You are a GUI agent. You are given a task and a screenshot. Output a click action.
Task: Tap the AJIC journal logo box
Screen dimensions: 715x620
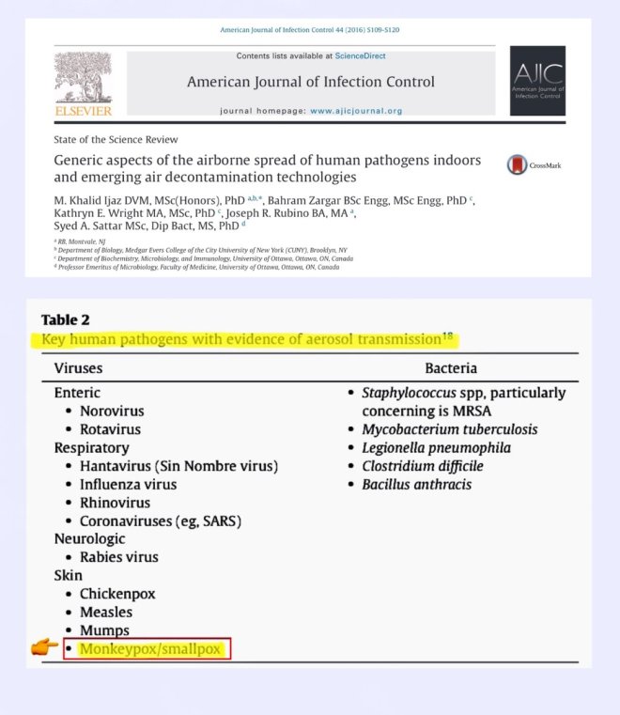coord(537,81)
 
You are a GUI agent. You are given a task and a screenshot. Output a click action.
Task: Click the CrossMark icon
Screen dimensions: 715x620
coord(517,165)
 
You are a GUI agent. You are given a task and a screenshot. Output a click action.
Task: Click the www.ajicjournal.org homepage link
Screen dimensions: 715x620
coord(356,111)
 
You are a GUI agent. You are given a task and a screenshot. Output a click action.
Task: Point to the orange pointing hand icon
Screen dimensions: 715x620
coord(43,647)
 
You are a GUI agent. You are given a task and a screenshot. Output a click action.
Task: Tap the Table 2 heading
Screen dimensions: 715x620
coord(66,319)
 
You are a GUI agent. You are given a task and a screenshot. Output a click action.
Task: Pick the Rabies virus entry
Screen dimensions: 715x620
coord(119,557)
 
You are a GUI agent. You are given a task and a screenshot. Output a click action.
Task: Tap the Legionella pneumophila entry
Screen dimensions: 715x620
coord(436,447)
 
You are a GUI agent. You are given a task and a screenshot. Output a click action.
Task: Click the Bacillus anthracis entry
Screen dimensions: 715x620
coord(416,485)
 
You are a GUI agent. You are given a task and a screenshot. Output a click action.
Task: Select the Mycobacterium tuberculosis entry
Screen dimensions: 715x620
coord(450,429)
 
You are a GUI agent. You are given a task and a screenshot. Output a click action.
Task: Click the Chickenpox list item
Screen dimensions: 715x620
coord(117,594)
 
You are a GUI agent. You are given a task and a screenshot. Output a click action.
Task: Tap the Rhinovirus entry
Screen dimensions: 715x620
coord(115,503)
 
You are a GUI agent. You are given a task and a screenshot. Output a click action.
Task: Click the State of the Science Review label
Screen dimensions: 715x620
coord(103,139)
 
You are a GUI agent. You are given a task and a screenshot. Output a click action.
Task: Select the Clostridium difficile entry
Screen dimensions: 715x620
coord(423,466)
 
